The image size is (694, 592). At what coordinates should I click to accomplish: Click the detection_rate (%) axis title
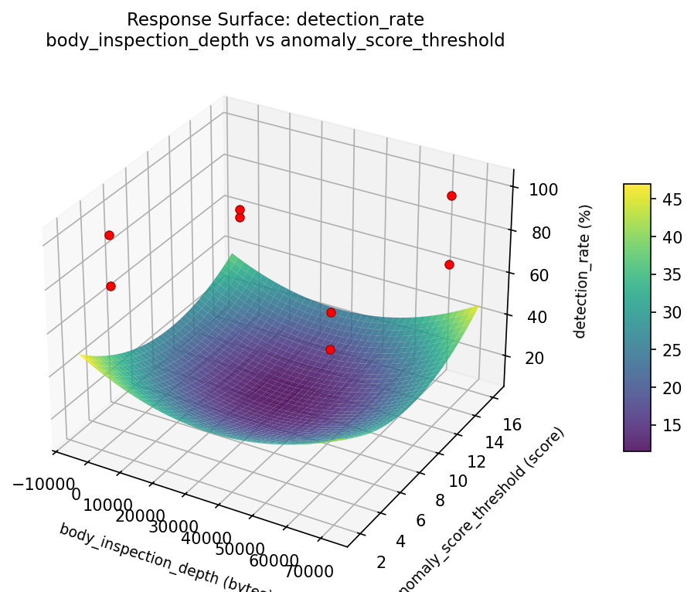click(x=584, y=271)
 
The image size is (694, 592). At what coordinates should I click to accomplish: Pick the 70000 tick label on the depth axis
click(x=309, y=572)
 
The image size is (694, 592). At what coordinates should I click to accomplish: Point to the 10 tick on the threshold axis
click(x=458, y=480)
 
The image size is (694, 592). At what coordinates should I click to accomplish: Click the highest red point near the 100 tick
click(x=451, y=196)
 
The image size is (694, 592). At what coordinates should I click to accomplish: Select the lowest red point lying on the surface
click(x=330, y=349)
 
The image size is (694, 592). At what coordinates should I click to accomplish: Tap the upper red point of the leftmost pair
click(x=109, y=235)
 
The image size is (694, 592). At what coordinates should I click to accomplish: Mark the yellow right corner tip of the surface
click(x=478, y=307)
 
